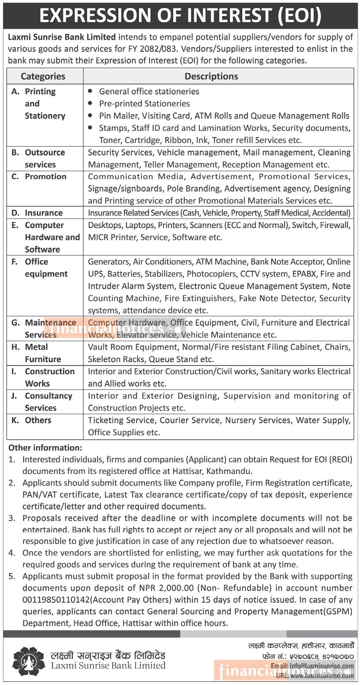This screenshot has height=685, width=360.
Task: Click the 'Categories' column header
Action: (x=43, y=76)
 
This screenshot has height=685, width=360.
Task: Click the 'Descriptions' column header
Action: (x=211, y=76)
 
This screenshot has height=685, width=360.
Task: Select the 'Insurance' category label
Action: (x=43, y=213)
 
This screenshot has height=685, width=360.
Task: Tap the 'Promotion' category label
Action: (x=45, y=177)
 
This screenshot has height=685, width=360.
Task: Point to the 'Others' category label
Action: (x=38, y=420)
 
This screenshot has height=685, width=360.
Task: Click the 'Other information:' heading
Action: (x=45, y=448)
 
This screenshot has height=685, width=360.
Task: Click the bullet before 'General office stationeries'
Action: (x=91, y=91)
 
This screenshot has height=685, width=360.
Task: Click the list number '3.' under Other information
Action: (x=12, y=518)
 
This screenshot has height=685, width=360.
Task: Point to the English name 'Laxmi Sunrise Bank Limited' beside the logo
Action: (x=108, y=665)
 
